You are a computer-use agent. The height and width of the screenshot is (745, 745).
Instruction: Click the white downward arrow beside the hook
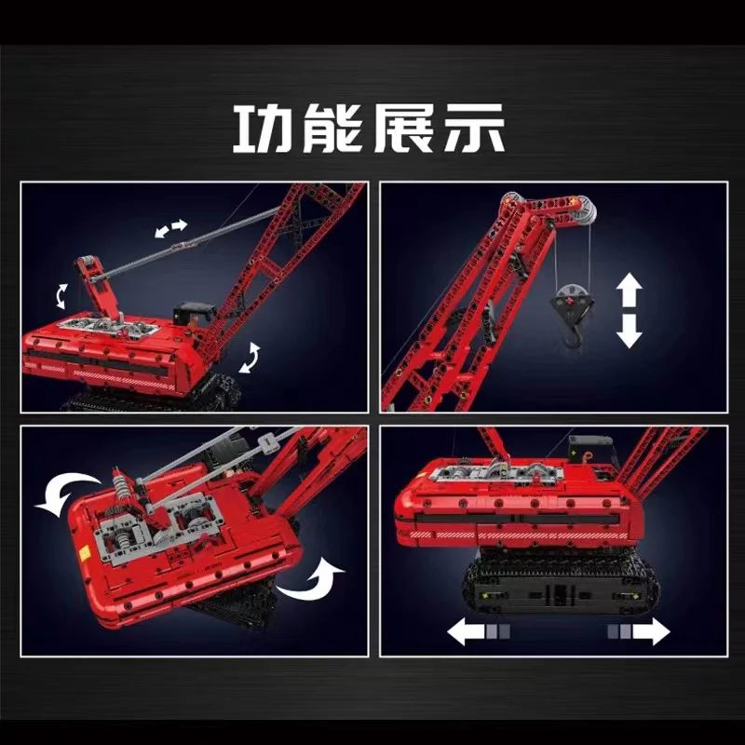pos(630,331)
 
